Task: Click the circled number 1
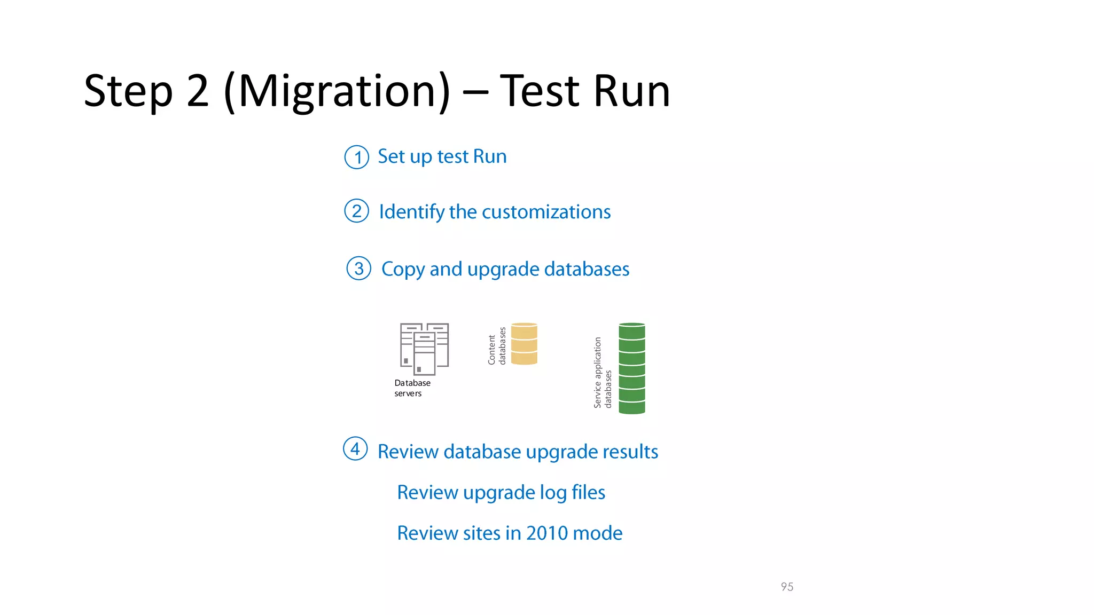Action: coord(357,157)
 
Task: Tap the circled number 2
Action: coord(357,211)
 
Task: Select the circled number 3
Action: coord(359,269)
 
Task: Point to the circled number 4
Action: coord(355,448)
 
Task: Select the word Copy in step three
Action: coord(403,270)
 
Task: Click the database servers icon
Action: coord(424,349)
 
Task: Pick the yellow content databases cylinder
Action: coord(524,344)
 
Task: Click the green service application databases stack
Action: coord(632,368)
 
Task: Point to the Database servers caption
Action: coord(412,388)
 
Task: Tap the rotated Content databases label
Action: coord(497,346)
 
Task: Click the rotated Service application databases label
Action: coord(603,373)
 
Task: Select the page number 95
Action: coord(787,587)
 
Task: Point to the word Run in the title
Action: coord(631,92)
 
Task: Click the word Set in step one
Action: coord(391,156)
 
